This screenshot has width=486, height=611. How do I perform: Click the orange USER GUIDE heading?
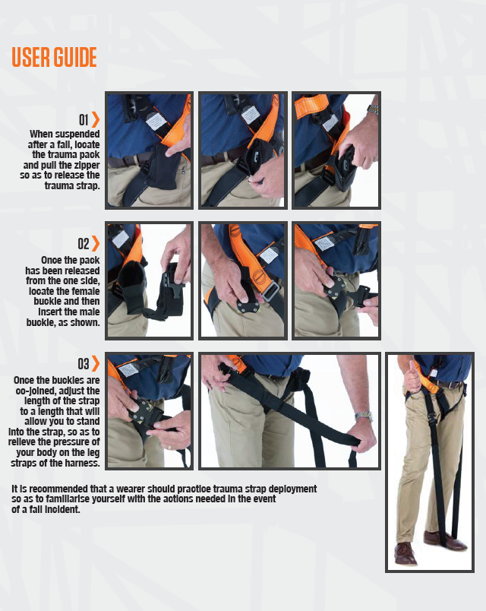click(x=54, y=57)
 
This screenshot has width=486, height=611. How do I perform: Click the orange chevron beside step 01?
click(x=96, y=119)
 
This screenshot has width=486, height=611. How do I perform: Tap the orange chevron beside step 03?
click(x=96, y=363)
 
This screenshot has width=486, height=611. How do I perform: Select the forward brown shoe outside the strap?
click(x=406, y=553)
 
